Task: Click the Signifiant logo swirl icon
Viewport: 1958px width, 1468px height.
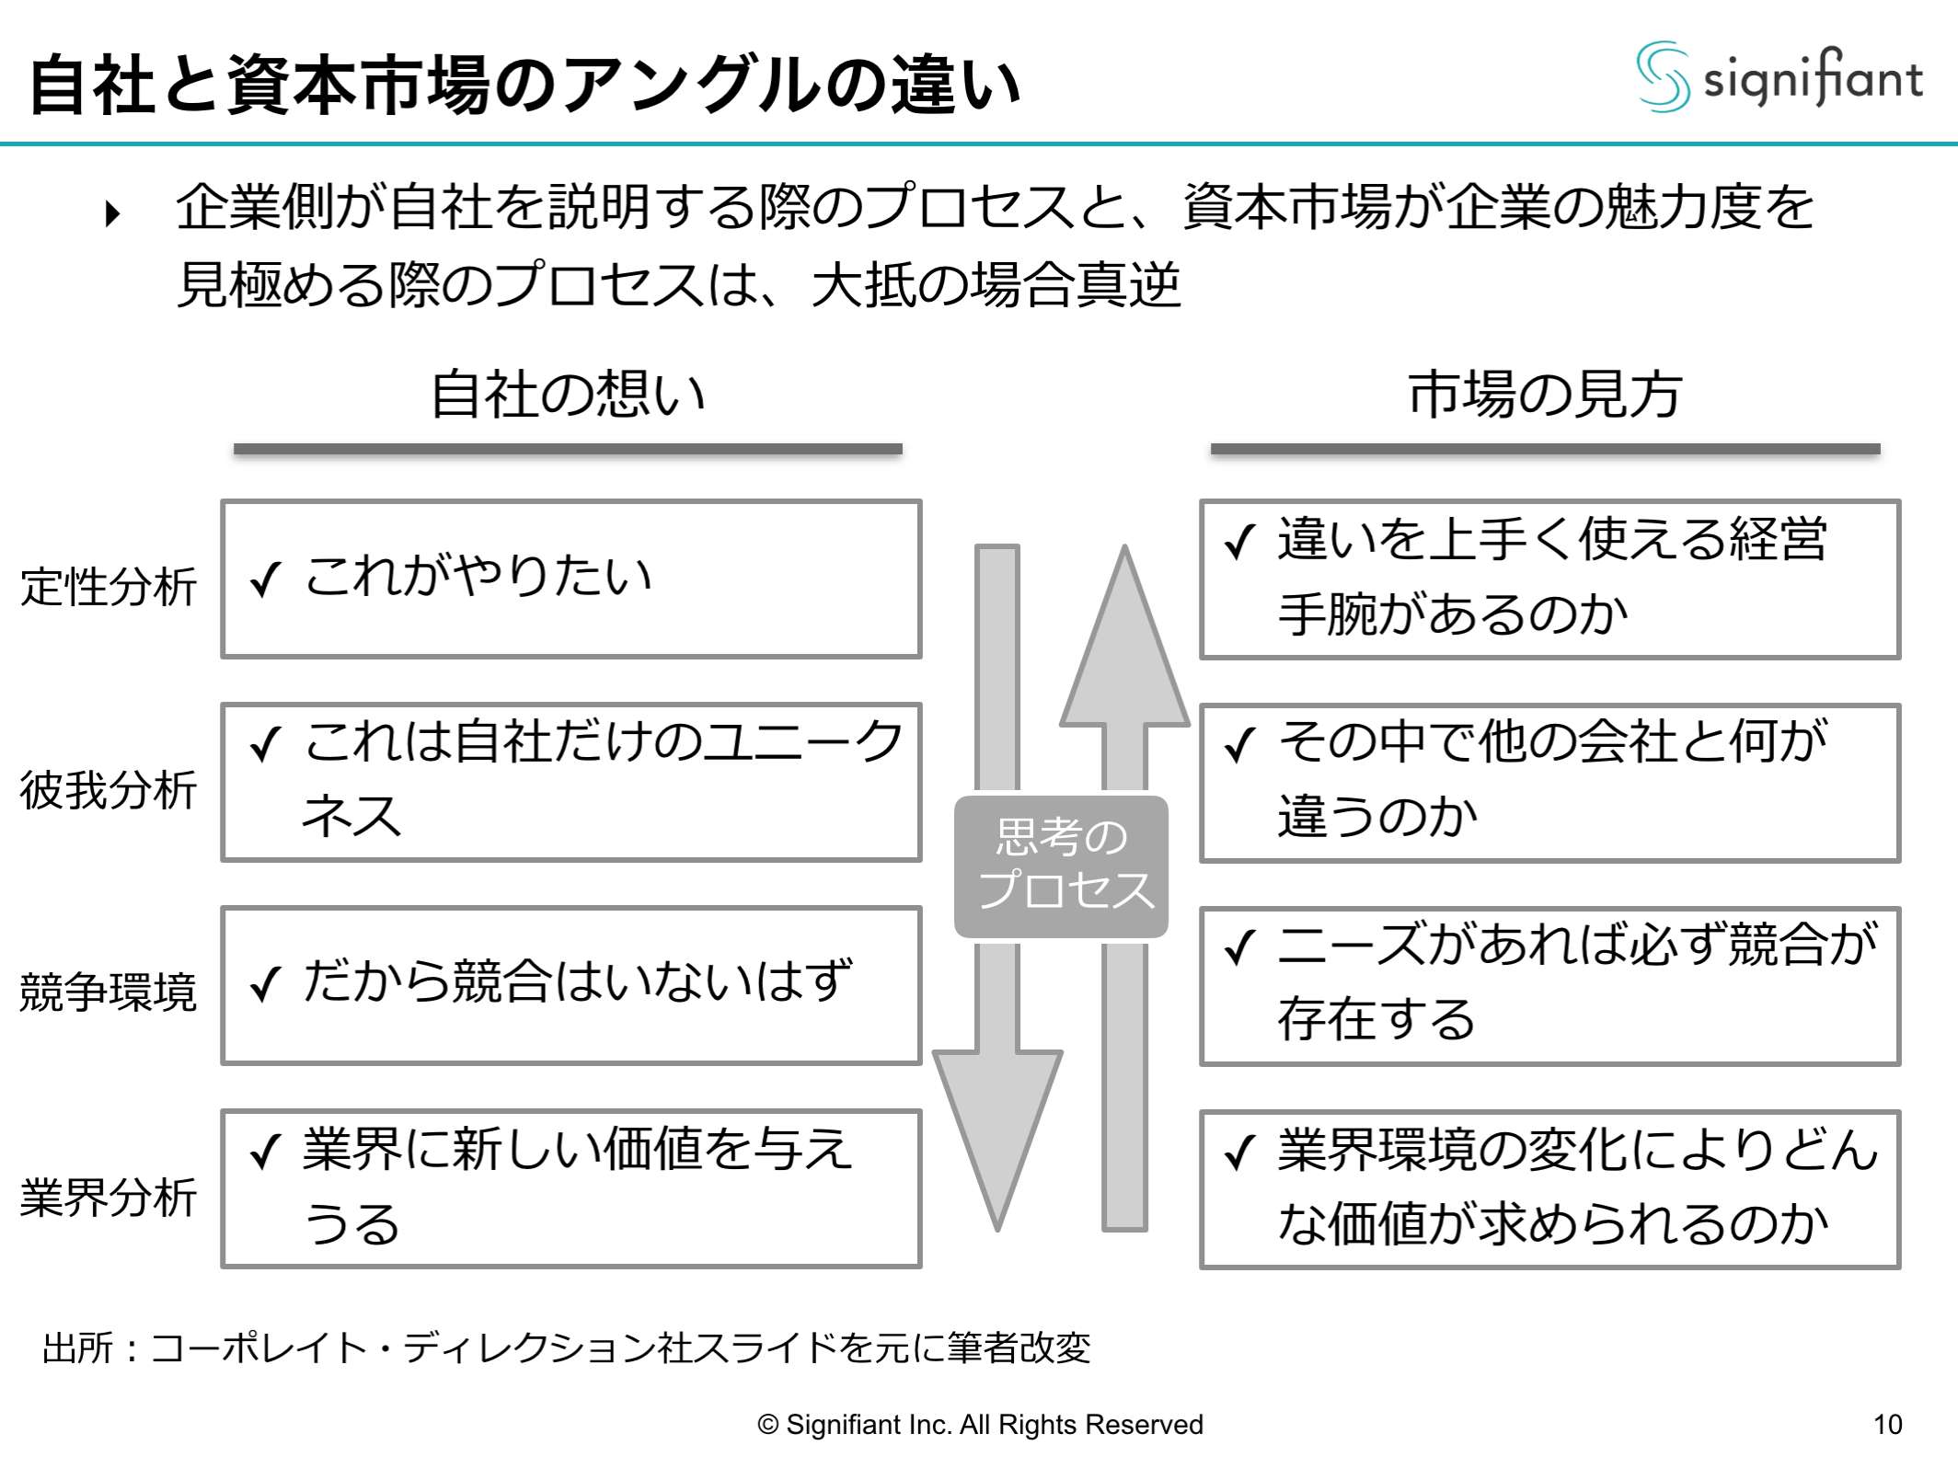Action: tap(1663, 77)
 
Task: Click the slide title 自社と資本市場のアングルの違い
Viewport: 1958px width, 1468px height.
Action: tap(524, 85)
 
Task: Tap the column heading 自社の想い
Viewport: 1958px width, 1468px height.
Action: tap(568, 395)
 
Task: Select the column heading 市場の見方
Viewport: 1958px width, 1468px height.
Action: tap(1545, 395)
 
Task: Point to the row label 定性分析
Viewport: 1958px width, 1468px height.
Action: tap(109, 587)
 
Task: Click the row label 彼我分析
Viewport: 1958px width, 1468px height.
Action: tap(109, 790)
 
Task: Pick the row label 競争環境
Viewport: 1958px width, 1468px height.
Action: tap(109, 992)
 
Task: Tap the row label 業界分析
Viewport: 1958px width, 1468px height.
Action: tap(109, 1197)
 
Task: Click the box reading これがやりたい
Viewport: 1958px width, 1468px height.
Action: tap(570, 579)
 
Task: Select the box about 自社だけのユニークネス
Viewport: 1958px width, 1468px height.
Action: tap(570, 783)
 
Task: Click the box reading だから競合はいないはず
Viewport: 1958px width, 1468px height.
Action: tap(570, 985)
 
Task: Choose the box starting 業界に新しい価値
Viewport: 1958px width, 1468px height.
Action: tap(570, 1188)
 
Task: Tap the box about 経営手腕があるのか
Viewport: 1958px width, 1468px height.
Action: tap(1549, 579)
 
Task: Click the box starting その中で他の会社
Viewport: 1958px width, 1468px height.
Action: tap(1549, 783)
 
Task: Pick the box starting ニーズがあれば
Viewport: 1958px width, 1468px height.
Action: tap(1549, 985)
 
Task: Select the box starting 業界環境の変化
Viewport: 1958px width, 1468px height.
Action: tap(1549, 1189)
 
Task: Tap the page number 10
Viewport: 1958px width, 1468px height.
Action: tap(1887, 1425)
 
